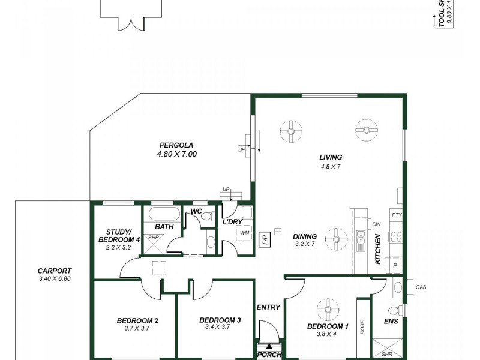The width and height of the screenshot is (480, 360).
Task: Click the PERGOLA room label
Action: (x=176, y=145)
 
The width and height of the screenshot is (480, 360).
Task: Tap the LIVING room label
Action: (x=331, y=157)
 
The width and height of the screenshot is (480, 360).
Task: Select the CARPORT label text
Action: (x=54, y=271)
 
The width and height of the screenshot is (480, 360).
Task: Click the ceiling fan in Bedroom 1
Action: (x=328, y=310)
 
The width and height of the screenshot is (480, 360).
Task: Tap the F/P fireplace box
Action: (x=264, y=240)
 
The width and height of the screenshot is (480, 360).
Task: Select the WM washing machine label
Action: (x=244, y=232)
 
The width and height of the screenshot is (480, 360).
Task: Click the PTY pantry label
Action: (x=396, y=215)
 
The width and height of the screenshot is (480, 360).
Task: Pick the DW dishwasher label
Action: (x=376, y=224)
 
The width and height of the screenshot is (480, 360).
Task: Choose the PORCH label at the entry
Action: (x=269, y=355)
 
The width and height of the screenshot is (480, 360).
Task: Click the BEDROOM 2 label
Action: (x=137, y=320)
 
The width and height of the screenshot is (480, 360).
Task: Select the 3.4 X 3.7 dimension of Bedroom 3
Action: (x=220, y=328)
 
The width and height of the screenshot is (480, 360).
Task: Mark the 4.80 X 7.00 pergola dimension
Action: (x=176, y=154)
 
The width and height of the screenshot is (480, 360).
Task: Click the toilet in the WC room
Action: (x=207, y=217)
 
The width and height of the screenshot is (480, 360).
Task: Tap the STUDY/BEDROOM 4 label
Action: (x=119, y=236)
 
